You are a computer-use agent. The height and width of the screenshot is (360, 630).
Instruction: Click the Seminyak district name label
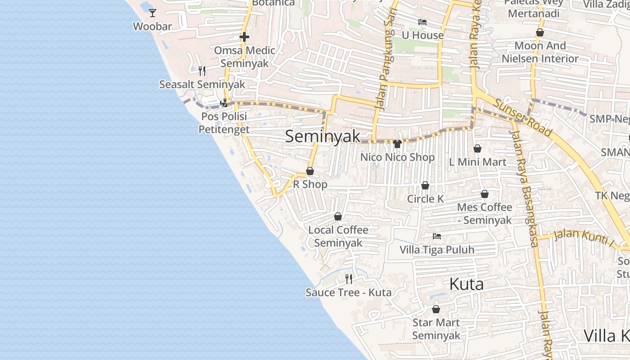click(323, 136)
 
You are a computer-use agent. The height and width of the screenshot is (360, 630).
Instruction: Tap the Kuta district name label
click(467, 284)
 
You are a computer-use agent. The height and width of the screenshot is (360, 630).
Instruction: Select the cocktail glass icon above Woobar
click(153, 13)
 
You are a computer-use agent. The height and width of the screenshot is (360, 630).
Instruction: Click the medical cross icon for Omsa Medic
click(244, 37)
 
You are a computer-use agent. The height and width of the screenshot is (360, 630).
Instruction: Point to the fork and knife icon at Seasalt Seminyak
click(202, 71)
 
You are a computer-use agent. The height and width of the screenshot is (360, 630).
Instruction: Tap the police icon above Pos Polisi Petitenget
click(224, 103)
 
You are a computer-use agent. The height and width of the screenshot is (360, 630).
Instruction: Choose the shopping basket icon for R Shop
click(310, 171)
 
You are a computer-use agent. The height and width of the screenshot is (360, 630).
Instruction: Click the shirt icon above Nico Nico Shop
click(397, 144)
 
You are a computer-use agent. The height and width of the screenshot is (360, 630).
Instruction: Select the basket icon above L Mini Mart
click(477, 148)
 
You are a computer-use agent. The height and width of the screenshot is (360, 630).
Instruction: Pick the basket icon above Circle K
click(425, 186)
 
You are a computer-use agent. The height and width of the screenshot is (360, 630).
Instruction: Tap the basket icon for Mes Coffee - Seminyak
click(485, 194)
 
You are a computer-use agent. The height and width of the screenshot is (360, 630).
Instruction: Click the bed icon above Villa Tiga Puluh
click(436, 236)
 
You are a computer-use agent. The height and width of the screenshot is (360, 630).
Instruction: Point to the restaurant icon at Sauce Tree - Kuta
click(348, 279)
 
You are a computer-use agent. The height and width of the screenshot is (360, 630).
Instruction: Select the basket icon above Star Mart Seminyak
click(436, 310)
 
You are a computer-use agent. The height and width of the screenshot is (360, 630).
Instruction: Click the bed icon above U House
click(422, 22)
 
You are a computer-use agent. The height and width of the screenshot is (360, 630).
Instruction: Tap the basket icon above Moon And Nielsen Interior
click(540, 33)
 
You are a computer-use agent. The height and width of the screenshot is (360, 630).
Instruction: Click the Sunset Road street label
click(522, 117)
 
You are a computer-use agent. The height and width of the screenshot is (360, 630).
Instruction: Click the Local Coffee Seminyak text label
click(338, 236)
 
